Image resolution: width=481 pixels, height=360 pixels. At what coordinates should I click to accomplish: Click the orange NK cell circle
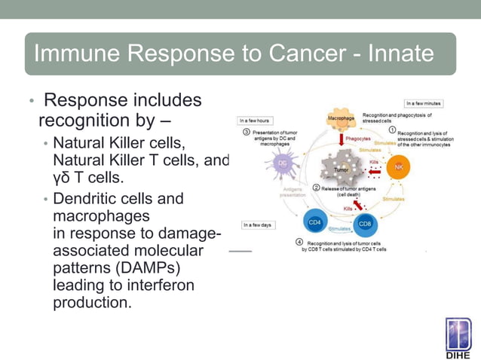400,167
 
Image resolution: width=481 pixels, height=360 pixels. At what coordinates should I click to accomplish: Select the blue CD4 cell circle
314,223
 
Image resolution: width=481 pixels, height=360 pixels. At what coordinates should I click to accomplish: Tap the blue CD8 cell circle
363,224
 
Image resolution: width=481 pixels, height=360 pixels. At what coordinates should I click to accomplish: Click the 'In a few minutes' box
423,103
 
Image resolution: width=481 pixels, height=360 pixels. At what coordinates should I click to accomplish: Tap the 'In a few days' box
257,225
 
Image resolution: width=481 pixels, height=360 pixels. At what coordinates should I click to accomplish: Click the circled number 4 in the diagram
299,242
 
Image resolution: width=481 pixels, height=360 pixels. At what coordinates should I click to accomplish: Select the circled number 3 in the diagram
246,132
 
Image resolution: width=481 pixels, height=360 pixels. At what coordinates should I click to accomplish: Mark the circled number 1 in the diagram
392,130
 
